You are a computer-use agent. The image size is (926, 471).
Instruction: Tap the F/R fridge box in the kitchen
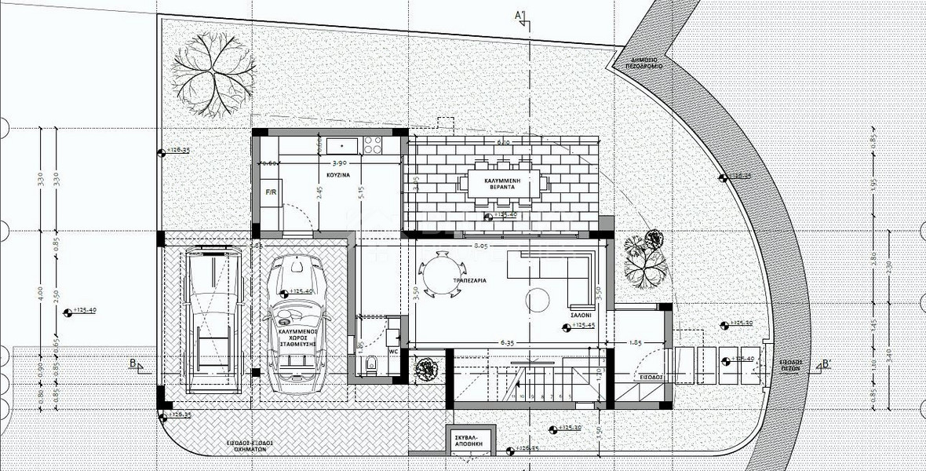[271, 192]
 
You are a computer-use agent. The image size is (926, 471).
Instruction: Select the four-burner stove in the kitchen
[372, 145]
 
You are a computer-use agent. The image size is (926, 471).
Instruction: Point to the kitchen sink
[342, 145]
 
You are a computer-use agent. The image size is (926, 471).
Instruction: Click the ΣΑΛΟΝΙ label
[579, 314]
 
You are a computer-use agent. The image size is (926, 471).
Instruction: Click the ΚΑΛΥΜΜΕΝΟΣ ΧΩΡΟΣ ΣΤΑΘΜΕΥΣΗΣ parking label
[292, 338]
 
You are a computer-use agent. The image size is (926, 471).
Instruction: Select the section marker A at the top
[518, 15]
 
